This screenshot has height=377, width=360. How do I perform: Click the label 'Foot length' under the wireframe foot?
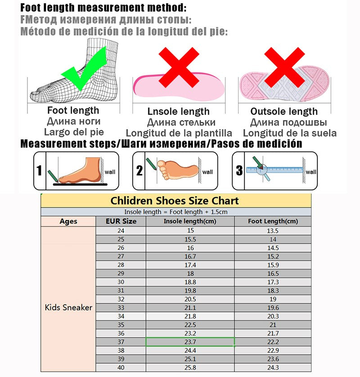point(73,110)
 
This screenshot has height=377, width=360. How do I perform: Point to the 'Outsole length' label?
point(284,112)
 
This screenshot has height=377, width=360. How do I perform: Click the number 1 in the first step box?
point(40,171)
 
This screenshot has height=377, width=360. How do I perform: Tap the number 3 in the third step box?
point(239,171)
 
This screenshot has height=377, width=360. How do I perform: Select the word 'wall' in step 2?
point(207,172)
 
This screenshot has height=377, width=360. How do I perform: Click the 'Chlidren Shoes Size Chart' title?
point(175,200)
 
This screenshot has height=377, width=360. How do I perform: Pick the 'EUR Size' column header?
point(121,221)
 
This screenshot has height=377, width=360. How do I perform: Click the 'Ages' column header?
point(68,221)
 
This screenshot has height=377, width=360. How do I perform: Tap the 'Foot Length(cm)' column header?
point(273,221)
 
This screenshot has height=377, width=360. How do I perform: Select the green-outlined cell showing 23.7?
point(190,342)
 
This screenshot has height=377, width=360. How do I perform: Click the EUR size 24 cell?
point(121,231)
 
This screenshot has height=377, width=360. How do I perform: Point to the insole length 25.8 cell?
point(190,368)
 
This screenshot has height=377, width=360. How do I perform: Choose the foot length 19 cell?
point(273,299)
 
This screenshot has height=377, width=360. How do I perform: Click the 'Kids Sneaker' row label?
point(68,308)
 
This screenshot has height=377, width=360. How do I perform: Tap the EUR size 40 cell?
point(121,368)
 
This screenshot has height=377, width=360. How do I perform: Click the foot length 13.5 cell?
point(273,231)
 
